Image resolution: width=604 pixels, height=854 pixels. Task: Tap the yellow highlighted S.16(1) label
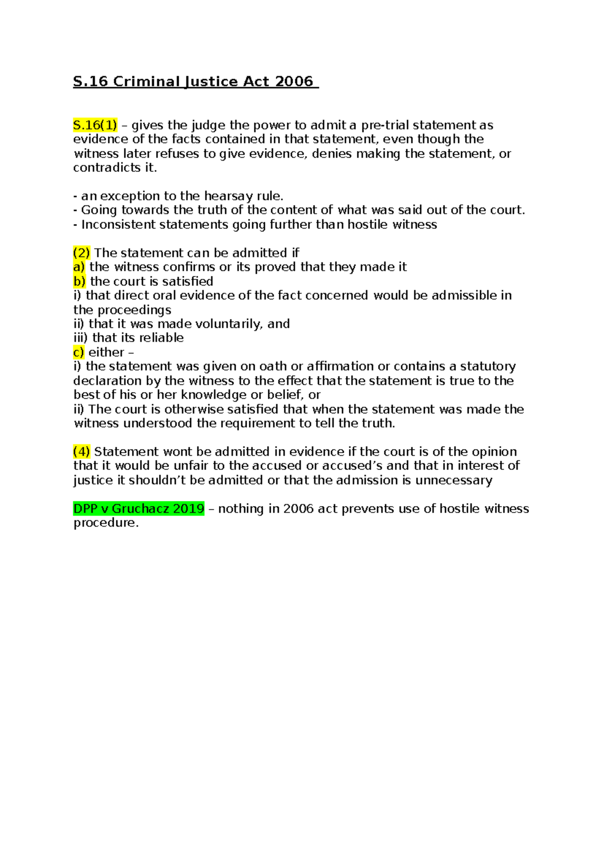[x=95, y=125]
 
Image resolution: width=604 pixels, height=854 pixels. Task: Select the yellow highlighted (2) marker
[x=82, y=253]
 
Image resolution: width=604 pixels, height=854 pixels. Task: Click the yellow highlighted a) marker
[x=79, y=267]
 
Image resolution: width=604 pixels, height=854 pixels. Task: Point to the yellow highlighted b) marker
[x=80, y=281]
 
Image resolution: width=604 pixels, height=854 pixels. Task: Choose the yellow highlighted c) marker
[x=79, y=352]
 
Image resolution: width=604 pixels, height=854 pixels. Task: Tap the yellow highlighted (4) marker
[x=82, y=452]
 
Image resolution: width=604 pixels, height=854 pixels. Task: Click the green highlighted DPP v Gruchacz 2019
[x=139, y=509]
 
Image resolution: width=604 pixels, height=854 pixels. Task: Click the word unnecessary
[x=454, y=480]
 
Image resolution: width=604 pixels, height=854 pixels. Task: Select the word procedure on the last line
[x=105, y=523]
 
